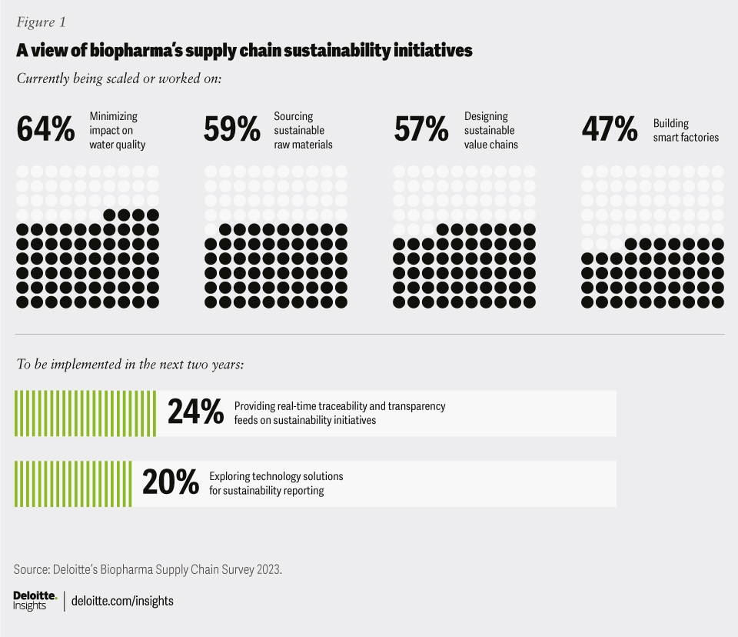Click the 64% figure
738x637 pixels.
[x=45, y=129]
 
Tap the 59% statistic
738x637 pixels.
[x=232, y=129]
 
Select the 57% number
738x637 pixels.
[x=421, y=129]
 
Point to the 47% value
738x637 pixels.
[x=609, y=129]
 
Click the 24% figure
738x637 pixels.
[x=194, y=413]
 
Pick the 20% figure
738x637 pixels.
[x=170, y=483]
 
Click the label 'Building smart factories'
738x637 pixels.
[x=686, y=130]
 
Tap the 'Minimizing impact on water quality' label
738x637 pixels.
[x=118, y=130]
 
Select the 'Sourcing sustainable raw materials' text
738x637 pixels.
[x=303, y=130]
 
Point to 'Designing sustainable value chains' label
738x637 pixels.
[x=491, y=130]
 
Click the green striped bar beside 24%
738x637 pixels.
[x=85, y=413]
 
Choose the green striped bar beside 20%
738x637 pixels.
[x=73, y=483]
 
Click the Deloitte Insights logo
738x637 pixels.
[x=35, y=601]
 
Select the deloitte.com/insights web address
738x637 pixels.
[x=122, y=601]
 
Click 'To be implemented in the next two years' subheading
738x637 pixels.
[x=131, y=364]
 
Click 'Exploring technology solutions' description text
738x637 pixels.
[x=276, y=476]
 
